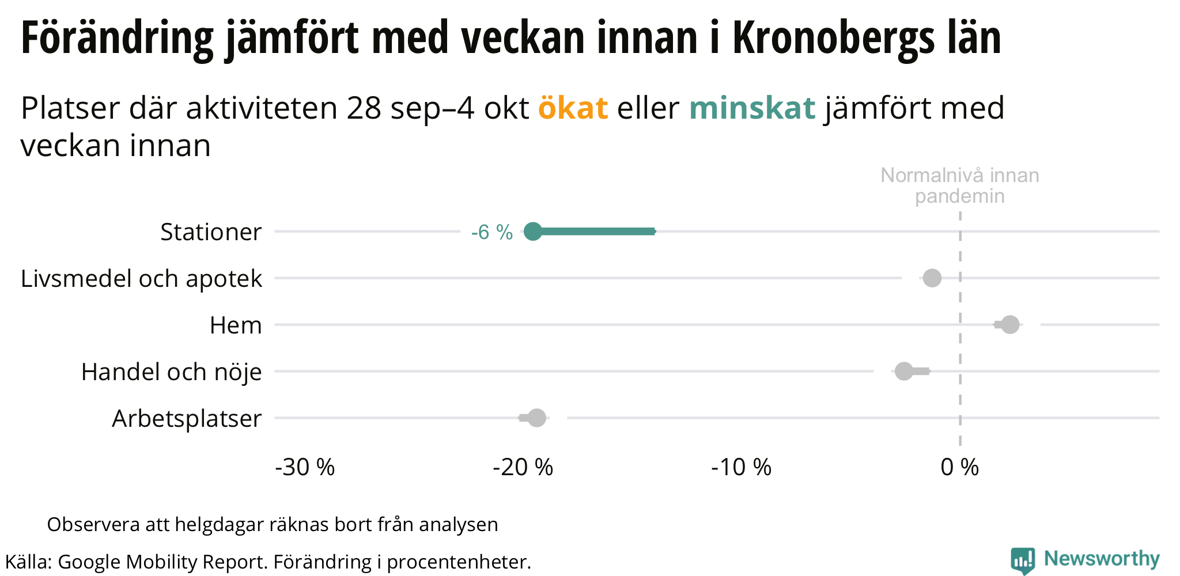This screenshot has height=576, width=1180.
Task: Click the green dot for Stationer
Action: (533, 232)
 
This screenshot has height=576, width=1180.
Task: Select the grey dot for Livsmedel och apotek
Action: (932, 278)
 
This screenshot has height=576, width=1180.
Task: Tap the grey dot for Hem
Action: (1010, 325)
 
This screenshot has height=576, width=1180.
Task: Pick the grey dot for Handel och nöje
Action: (904, 372)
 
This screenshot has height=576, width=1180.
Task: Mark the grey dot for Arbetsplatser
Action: (536, 418)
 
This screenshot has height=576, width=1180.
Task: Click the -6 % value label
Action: (491, 232)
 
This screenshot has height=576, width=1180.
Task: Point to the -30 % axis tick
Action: (305, 467)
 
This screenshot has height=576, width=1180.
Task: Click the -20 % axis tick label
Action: (523, 467)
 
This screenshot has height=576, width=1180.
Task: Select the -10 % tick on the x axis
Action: (741, 467)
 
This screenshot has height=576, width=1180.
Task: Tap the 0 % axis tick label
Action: (959, 467)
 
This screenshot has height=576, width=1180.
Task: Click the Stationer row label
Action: (211, 232)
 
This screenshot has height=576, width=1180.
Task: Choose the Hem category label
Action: (236, 325)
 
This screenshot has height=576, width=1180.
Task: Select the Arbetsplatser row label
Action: (187, 419)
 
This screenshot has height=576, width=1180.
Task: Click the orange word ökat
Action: (573, 108)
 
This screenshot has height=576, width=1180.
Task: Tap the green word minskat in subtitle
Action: (752, 108)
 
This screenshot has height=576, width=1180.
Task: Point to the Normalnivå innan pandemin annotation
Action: (959, 185)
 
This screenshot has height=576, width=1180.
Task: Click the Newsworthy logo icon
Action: (1022, 560)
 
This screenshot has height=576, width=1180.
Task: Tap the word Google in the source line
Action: (89, 562)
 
